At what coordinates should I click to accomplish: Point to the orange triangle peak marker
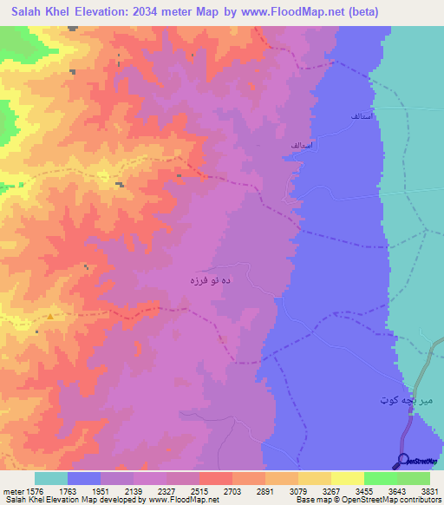(x=50, y=316)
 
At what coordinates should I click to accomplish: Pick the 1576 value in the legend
(x=35, y=491)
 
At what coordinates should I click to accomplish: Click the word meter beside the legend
(x=12, y=491)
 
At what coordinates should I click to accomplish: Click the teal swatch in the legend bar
(x=51, y=478)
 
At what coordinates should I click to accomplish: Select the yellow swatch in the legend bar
(x=347, y=478)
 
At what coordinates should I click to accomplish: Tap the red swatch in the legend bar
(x=215, y=478)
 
